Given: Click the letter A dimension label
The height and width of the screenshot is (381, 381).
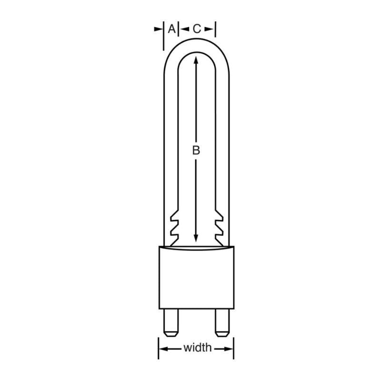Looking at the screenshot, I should [170, 29].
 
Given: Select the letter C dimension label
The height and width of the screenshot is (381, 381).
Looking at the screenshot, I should [197, 29].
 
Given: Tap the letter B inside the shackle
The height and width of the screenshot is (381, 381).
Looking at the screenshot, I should [196, 150].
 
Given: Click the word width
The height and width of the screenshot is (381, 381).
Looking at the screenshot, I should [197, 348].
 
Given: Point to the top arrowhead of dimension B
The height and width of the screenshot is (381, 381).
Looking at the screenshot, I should [196, 60].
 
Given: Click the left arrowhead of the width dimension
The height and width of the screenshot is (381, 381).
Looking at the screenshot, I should [163, 349].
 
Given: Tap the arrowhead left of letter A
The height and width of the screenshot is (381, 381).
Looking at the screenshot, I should [160, 29].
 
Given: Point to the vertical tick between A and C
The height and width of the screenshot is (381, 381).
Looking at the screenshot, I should [178, 29].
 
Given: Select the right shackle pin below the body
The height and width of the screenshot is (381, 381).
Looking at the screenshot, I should [221, 322].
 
